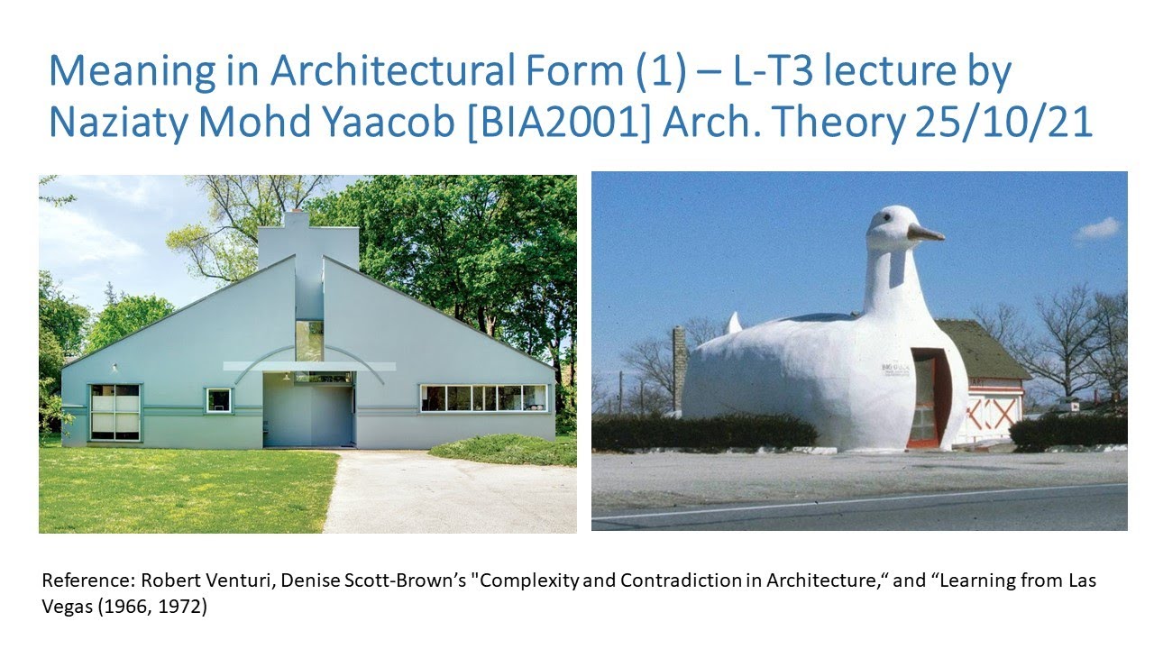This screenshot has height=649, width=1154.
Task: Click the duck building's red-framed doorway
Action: (x=924, y=398)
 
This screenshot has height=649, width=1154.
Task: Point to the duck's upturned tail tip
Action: (x=733, y=321)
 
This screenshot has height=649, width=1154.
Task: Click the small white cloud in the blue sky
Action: (x=1097, y=229)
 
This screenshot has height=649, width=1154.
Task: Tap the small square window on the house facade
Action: (x=218, y=399)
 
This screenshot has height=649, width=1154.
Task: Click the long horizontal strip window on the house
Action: (x=484, y=398)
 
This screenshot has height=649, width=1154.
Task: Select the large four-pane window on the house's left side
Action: (x=115, y=412)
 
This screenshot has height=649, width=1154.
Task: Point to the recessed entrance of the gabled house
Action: (x=308, y=413)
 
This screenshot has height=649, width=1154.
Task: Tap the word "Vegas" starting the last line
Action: (x=64, y=607)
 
